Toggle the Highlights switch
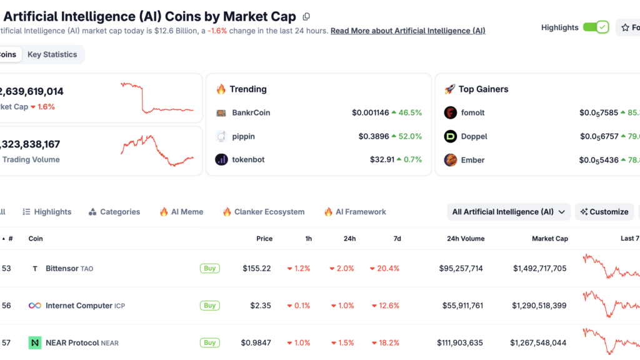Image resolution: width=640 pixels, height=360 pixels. [x=595, y=27]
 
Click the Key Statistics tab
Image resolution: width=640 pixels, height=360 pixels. [x=52, y=54]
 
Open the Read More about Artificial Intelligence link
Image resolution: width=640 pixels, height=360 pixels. [x=407, y=31]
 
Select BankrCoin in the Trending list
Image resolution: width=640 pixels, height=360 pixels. [x=251, y=113]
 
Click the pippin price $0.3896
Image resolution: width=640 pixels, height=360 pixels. [x=374, y=136]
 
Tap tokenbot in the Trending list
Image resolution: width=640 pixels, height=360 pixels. [x=247, y=160]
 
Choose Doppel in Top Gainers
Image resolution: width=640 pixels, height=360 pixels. [x=474, y=136]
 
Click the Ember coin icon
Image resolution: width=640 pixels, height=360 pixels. [x=451, y=160]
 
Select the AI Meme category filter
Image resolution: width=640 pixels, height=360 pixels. [x=181, y=212]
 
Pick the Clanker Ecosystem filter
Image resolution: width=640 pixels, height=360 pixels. [x=264, y=212]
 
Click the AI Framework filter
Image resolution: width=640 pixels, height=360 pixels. [x=355, y=212]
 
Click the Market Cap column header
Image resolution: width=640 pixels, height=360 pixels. [x=549, y=239]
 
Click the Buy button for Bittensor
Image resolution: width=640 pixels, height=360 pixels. [x=210, y=268]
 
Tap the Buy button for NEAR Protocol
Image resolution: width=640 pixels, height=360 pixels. [x=210, y=342]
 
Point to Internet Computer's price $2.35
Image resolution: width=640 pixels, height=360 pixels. [x=261, y=306]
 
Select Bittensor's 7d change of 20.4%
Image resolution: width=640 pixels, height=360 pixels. [x=384, y=269]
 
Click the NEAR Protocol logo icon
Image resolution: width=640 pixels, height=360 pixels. [x=35, y=342]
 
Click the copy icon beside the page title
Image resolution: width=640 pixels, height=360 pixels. [x=306, y=17]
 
